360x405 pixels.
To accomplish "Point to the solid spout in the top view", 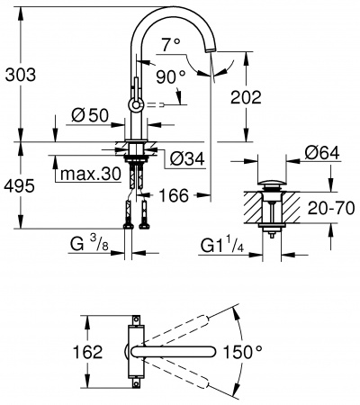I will [x=175, y=349].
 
